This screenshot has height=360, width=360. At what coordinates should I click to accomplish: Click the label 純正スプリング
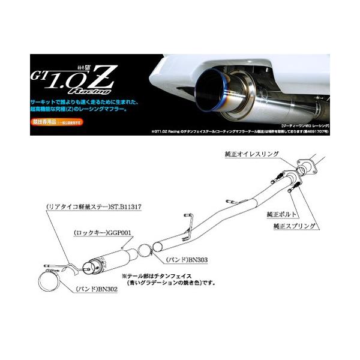(291, 226)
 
